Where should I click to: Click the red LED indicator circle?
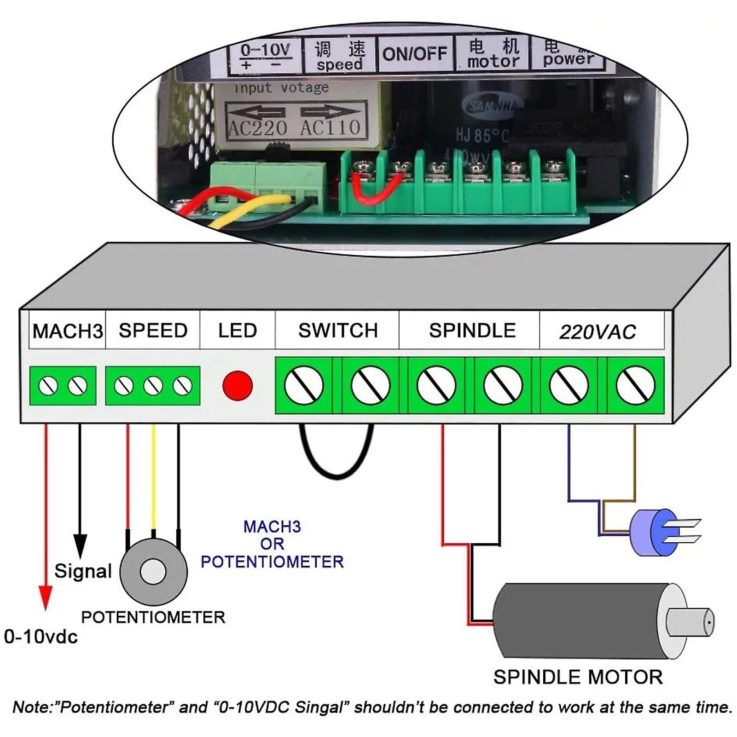point(238,385)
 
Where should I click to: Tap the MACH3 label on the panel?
point(68,331)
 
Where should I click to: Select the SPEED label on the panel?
point(153,331)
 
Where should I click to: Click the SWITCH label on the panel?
point(338,331)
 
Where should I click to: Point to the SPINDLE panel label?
point(472,331)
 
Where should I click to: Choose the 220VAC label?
point(598,332)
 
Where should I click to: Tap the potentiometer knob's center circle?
point(153,572)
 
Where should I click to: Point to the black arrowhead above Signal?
point(80,546)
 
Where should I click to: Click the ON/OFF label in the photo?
point(415,54)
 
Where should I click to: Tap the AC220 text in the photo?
point(258,128)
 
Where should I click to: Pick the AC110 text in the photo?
point(330,128)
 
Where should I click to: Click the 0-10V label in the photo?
point(265,50)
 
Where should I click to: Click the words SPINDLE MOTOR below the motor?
point(578,677)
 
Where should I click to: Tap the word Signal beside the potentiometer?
point(83,571)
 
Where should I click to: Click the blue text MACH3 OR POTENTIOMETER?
point(272,544)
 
